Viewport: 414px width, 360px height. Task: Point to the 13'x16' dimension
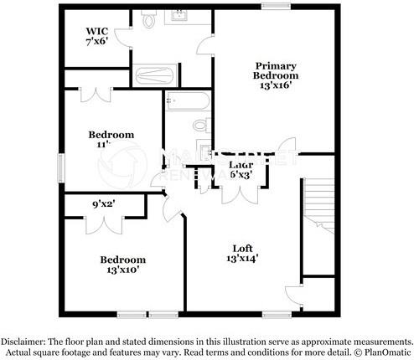click(x=276, y=85)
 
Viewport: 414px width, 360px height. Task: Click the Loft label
click(x=242, y=248)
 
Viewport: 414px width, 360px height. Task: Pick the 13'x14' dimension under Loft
click(x=241, y=260)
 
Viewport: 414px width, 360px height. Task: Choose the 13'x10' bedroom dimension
click(x=122, y=270)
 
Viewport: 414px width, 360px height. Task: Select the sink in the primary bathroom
click(x=181, y=16)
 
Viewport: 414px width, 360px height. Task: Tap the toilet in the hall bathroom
click(x=199, y=126)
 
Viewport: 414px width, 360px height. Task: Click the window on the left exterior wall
click(x=60, y=167)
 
